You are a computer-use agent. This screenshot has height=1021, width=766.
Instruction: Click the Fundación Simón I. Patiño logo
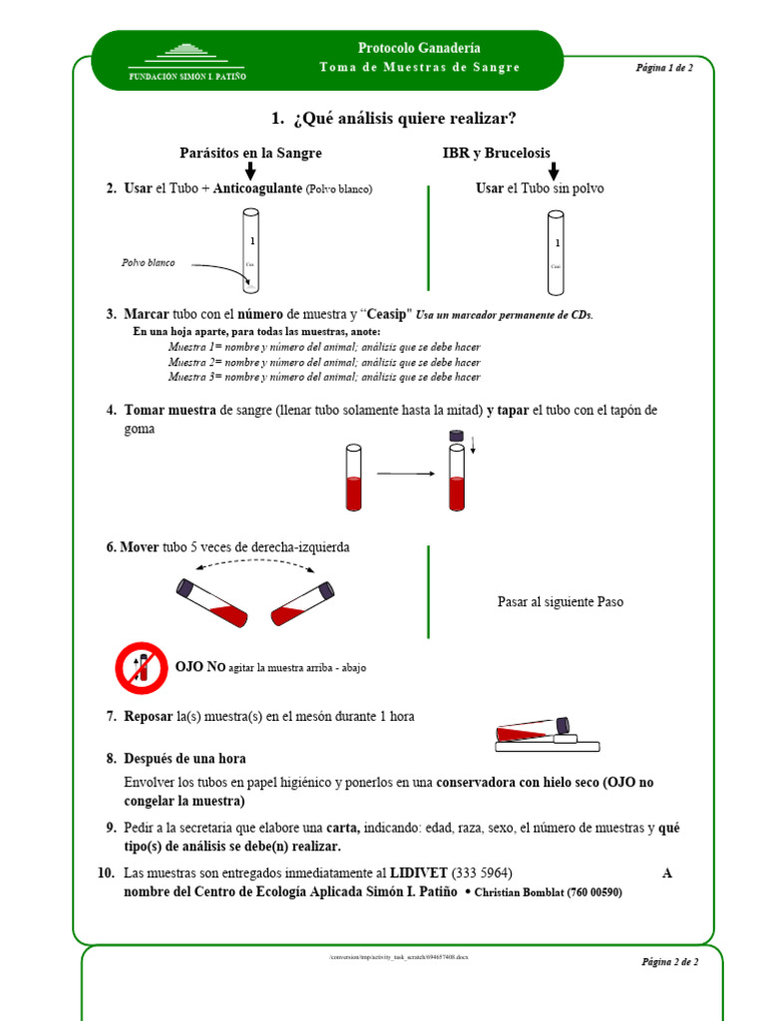click(x=187, y=61)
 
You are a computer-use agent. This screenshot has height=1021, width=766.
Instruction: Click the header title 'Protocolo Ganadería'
click(x=419, y=48)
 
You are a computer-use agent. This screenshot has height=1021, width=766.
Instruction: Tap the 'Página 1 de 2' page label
click(x=664, y=68)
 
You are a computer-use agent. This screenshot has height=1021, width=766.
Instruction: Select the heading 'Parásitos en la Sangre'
click(x=250, y=154)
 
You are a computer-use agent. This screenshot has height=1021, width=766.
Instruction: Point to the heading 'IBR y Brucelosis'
click(x=496, y=154)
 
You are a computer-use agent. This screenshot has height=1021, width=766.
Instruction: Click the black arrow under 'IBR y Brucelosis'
click(x=554, y=171)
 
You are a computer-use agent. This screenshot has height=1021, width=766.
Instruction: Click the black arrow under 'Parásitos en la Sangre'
click(x=250, y=171)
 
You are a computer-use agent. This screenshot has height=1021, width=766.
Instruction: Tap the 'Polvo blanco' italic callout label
click(x=149, y=262)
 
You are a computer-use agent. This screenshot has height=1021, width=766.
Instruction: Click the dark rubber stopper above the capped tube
click(x=456, y=435)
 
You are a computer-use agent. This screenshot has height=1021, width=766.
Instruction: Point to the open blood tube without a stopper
click(x=352, y=478)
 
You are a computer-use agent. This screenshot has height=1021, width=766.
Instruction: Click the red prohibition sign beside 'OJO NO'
click(x=142, y=667)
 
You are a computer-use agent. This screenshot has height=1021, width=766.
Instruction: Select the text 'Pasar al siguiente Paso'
click(x=560, y=602)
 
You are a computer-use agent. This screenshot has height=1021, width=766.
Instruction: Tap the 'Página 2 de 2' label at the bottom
click(x=669, y=962)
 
